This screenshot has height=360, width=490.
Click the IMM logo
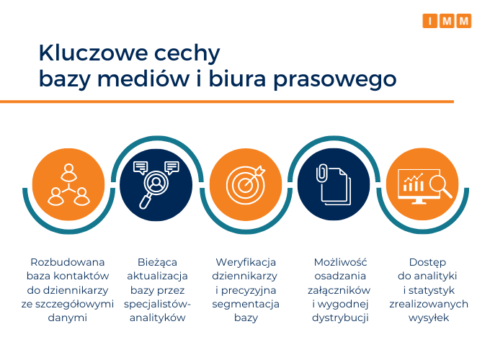click(x=447, y=21)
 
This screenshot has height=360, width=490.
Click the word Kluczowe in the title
click(x=94, y=53)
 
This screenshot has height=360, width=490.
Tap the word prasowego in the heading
click(x=335, y=80)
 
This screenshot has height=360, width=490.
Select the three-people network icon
click(x=68, y=184)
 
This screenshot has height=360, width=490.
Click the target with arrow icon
click(x=246, y=185)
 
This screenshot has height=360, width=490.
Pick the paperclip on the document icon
click(x=321, y=173)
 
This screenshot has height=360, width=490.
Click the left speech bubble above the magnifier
click(x=141, y=168)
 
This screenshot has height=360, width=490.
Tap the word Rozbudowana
click(x=68, y=262)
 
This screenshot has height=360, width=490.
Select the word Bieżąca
click(x=157, y=262)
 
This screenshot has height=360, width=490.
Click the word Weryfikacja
click(x=246, y=262)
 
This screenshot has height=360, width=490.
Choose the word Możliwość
click(x=340, y=261)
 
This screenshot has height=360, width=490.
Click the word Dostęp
click(x=427, y=262)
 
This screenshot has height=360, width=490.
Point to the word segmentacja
click(x=246, y=305)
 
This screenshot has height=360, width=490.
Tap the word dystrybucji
click(x=340, y=318)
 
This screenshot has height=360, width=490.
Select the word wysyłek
click(x=429, y=318)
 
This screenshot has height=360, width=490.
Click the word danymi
click(x=68, y=318)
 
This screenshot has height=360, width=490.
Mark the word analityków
click(x=158, y=318)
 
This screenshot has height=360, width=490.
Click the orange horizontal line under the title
click(x=227, y=102)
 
